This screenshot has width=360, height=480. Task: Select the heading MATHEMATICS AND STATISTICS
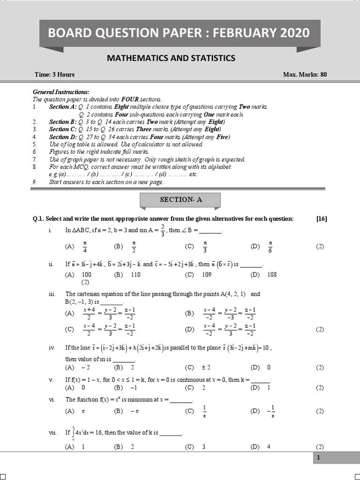171,58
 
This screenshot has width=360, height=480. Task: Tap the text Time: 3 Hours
54,75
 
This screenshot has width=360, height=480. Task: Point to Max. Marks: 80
305,75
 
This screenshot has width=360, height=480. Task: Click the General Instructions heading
60,92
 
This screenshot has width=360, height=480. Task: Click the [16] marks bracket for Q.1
322,218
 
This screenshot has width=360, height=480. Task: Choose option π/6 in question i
270,246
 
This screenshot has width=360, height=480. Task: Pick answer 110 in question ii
135,275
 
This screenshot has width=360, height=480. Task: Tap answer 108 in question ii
272,275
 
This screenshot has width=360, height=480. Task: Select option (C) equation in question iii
109,330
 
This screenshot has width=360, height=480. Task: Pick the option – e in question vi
135,411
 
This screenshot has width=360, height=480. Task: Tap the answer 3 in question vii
203,447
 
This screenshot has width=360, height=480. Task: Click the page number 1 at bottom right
318,458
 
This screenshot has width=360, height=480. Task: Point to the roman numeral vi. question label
52,399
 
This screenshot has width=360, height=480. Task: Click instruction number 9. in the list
35,182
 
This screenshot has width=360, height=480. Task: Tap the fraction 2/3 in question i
163,230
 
